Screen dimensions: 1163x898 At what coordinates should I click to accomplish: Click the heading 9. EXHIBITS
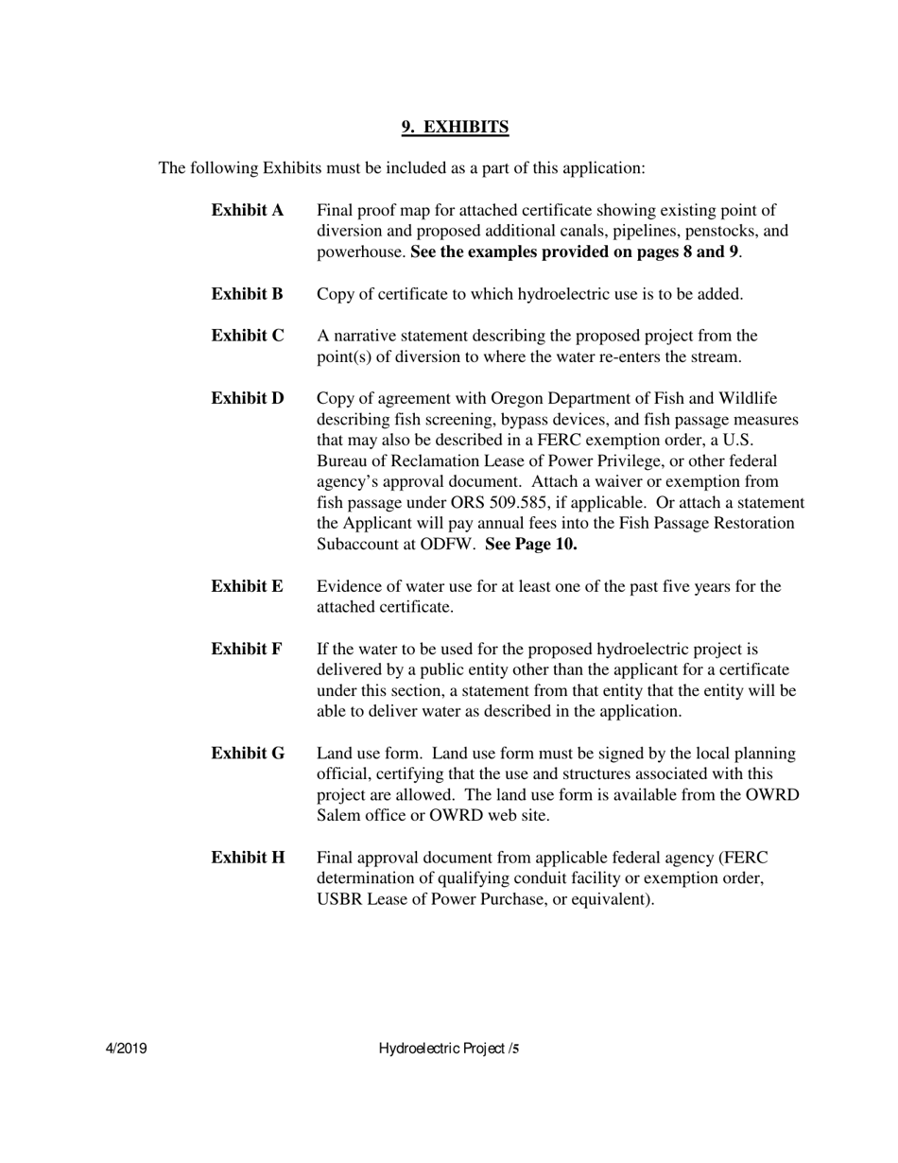coord(455,127)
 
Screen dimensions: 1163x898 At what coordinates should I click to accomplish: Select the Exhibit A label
coord(247,211)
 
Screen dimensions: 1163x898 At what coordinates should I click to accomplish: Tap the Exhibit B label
coord(247,295)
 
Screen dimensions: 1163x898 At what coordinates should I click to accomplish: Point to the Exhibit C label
coord(247,337)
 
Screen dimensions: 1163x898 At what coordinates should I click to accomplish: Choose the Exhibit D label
coord(247,399)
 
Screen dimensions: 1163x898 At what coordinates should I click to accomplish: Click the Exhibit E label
coord(247,587)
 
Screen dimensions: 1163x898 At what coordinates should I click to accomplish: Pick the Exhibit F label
coord(247,650)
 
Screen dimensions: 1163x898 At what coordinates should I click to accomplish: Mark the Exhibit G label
coord(247,754)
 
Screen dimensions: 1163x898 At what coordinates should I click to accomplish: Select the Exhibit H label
coord(247,859)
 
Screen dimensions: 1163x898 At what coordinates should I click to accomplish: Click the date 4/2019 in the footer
coord(125,1049)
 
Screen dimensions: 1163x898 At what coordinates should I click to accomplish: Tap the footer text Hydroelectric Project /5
coord(449,1049)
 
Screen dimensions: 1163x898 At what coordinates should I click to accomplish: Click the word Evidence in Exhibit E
coord(348,587)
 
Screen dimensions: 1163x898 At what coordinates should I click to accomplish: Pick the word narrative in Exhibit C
coord(365,337)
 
